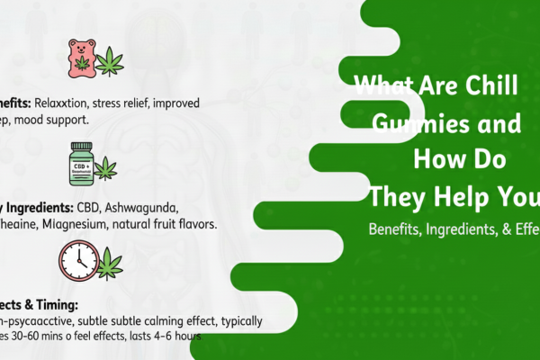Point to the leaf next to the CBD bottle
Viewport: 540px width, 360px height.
pyautogui.click(x=107, y=166)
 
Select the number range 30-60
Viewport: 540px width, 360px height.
pyautogui.click(x=44, y=336)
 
